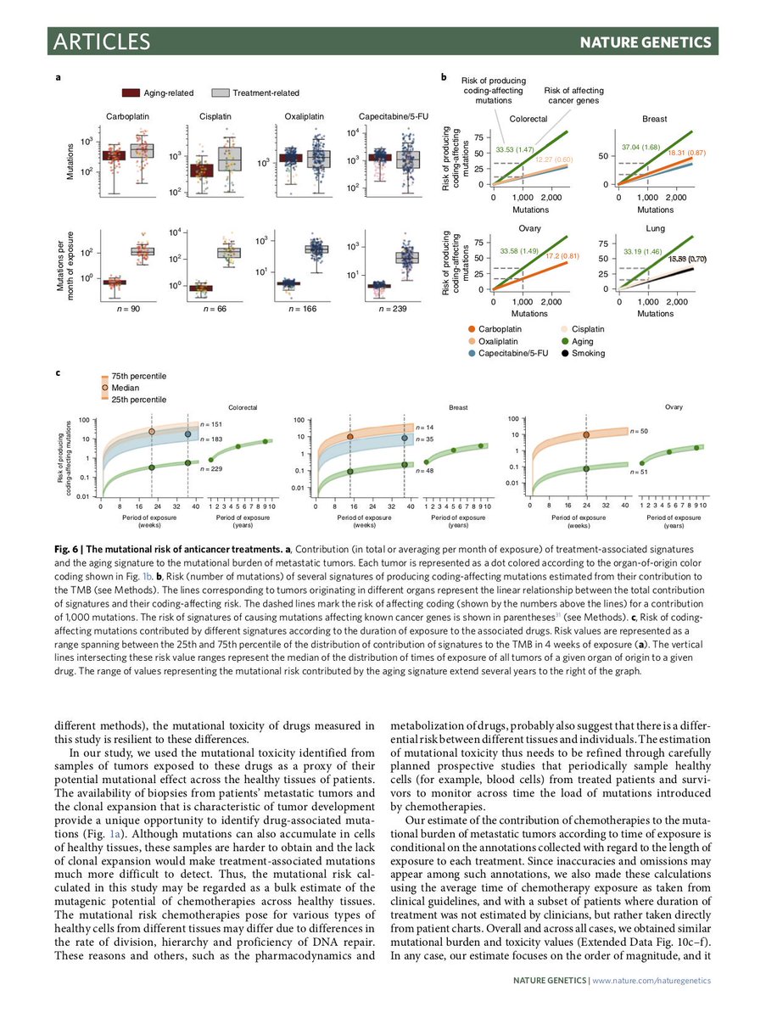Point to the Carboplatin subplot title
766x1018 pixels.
coord(127,116)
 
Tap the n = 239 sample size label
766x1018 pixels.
coord(389,309)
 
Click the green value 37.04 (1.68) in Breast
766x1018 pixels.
coord(641,147)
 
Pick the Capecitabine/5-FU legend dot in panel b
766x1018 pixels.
coord(471,353)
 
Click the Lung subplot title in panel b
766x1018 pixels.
coord(656,228)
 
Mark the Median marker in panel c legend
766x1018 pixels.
coord(104,387)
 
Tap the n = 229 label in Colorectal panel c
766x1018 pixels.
coord(210,468)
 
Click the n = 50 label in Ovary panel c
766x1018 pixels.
coord(639,432)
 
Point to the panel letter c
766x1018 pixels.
coord(58,371)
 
